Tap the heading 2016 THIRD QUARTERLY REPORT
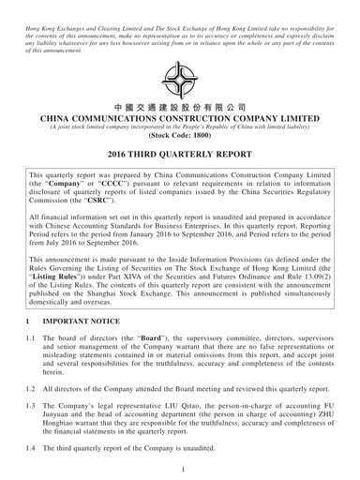pos(180,154)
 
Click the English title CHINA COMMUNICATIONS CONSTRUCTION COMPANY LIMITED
pos(180,121)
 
